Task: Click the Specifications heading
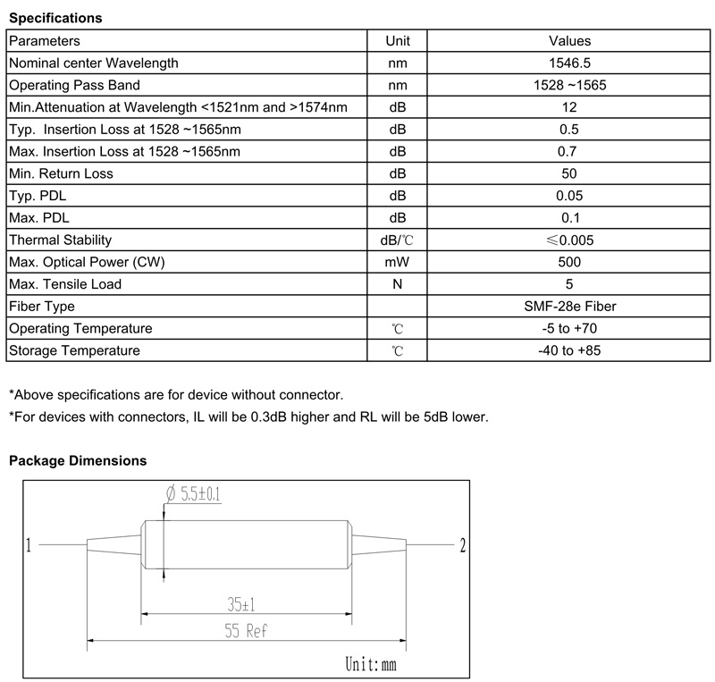[55, 18]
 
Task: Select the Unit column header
[398, 41]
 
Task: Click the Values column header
[569, 41]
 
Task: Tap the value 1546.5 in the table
[569, 63]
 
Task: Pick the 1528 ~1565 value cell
[569, 86]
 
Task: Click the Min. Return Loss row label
[61, 173]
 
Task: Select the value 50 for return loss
[569, 173]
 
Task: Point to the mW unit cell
[398, 262]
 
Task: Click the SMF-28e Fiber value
[569, 307]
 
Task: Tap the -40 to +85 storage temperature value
[569, 350]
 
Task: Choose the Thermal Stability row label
[60, 240]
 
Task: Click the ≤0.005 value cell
[569, 240]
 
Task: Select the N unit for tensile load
[398, 284]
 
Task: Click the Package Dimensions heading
[78, 461]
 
